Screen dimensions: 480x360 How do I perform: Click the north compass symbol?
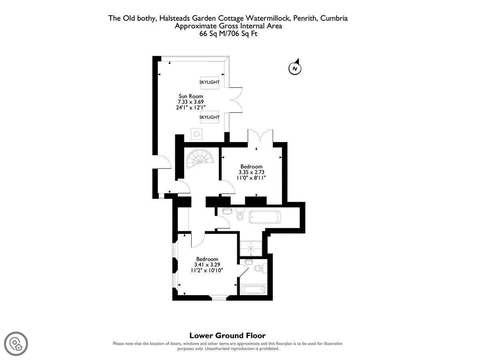295,67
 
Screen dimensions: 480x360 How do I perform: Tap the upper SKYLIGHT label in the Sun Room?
209,82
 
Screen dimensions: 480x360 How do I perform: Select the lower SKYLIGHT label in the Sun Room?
209,117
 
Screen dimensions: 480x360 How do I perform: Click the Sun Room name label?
191,96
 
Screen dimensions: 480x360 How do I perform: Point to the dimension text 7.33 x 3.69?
191,102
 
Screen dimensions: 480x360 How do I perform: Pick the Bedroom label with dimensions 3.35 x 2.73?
251,172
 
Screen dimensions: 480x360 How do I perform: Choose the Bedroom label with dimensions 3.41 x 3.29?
207,265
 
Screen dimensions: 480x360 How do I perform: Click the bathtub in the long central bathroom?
265,217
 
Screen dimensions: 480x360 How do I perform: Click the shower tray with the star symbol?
251,248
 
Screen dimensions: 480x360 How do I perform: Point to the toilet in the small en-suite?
261,268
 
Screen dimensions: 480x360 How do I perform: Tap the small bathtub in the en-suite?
253,290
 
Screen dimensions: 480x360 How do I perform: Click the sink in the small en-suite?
248,261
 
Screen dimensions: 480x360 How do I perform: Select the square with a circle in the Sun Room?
196,134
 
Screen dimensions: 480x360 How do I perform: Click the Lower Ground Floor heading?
228,335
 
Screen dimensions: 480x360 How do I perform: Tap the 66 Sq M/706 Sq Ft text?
228,34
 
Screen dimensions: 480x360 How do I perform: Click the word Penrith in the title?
305,18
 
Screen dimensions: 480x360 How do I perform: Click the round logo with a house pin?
16,344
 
